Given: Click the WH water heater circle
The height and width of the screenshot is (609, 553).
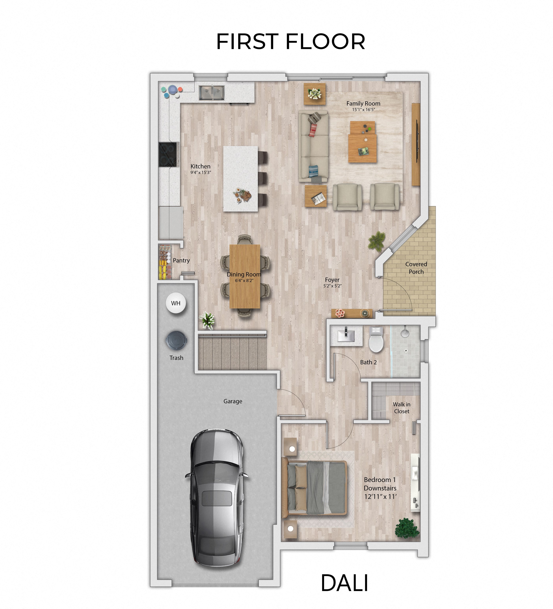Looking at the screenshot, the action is tap(176, 303).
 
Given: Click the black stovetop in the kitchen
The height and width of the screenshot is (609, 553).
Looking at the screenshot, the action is tap(168, 154).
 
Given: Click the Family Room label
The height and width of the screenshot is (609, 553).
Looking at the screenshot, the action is tap(363, 103).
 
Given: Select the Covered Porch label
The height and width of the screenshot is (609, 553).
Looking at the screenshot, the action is tap(416, 268).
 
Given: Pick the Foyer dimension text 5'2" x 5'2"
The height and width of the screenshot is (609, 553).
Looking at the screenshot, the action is tap(332, 286).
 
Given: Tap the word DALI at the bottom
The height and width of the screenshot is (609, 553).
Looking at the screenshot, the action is tap(344, 583).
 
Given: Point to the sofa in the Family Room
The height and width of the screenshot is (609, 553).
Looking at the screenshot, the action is tap(314, 146).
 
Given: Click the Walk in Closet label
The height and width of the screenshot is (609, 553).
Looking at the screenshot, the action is tap(401, 408).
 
